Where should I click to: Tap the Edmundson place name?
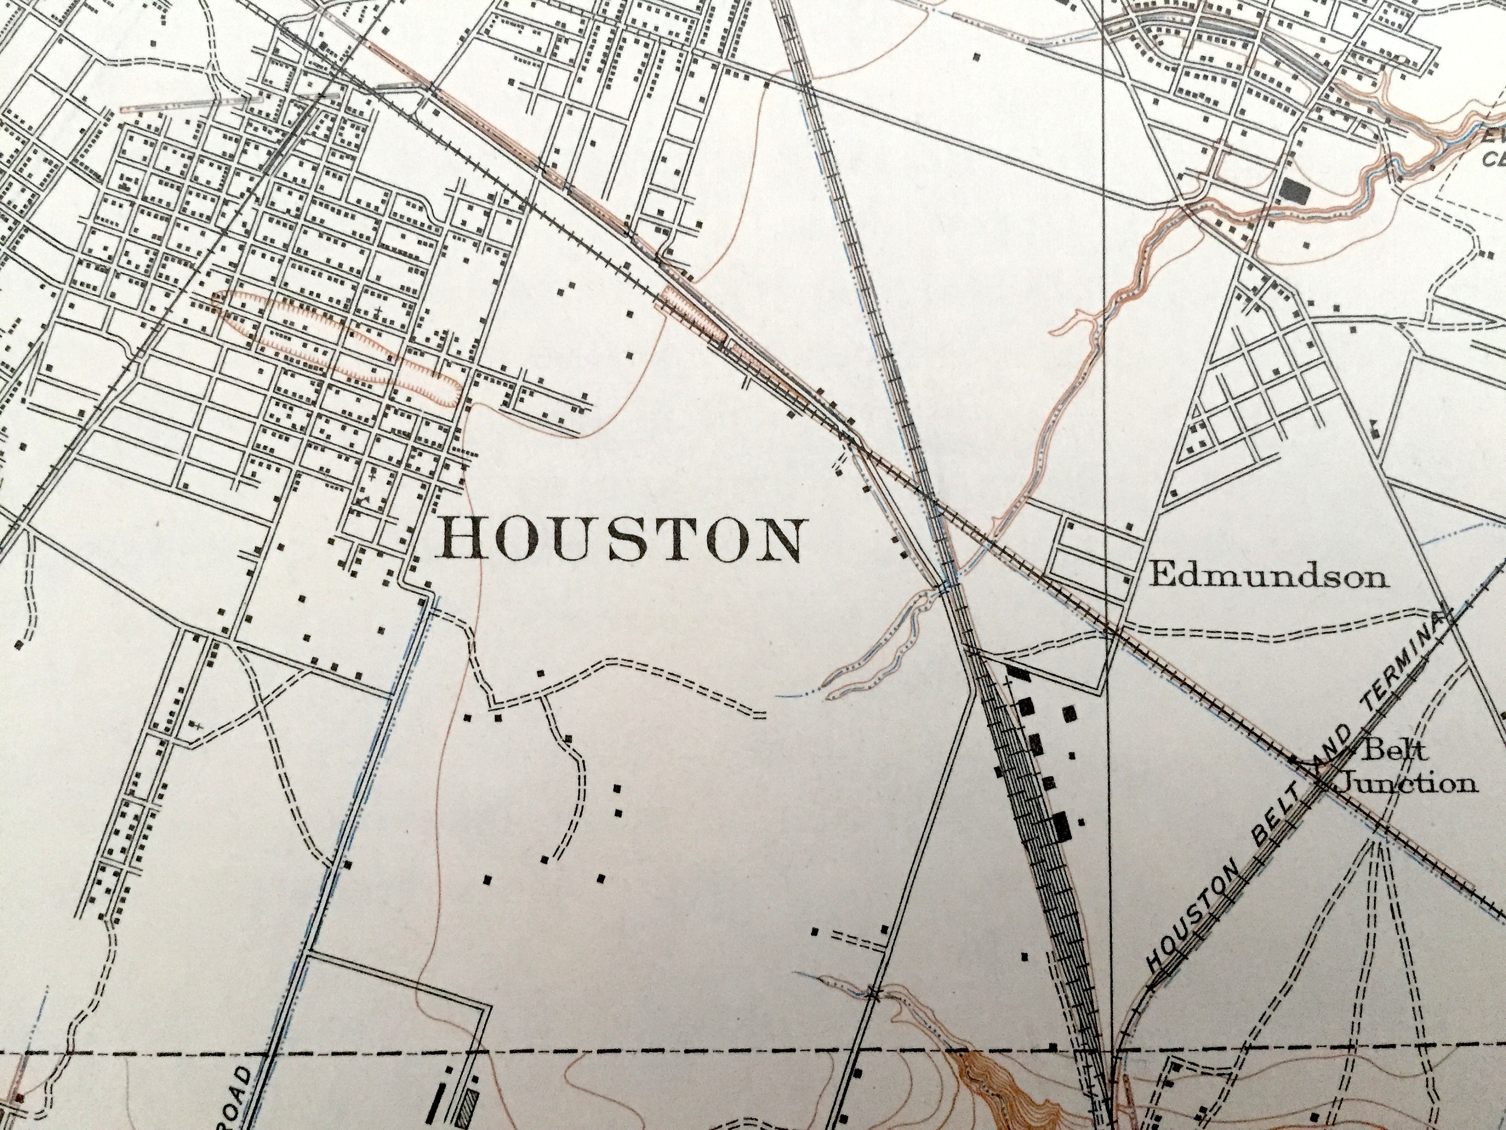pos(1267,577)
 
